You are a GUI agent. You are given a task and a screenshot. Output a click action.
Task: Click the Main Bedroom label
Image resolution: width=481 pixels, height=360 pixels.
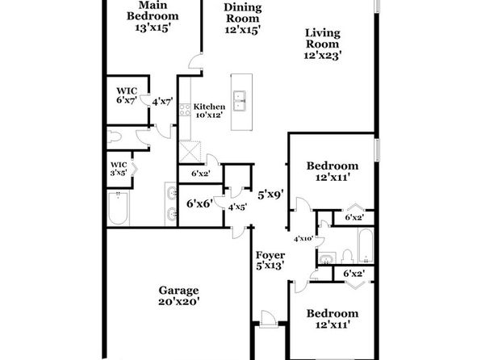[153, 10]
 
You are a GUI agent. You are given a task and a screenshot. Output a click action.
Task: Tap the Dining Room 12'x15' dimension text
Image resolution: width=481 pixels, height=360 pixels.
[243, 30]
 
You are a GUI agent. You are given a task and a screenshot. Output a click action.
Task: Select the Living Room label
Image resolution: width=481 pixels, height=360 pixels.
[323, 39]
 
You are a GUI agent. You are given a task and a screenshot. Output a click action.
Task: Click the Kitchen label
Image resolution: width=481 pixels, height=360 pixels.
[209, 107]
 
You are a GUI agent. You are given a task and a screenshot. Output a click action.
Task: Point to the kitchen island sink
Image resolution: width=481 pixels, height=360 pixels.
[239, 100]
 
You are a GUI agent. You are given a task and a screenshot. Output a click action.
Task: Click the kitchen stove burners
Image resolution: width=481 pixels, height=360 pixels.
[185, 110]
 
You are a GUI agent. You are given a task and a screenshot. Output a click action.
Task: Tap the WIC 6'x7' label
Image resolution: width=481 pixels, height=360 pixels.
[127, 95]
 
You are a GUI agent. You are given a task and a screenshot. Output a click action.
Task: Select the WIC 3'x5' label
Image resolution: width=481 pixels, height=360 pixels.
[119, 169]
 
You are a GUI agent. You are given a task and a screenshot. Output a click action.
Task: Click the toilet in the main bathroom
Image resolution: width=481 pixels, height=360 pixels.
[114, 136]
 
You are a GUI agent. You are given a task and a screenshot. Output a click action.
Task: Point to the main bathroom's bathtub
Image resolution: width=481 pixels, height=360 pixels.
[118, 208]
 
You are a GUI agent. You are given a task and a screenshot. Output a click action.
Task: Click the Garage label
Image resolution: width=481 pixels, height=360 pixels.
[179, 291]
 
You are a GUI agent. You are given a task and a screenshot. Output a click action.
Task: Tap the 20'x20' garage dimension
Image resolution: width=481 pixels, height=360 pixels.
[179, 301]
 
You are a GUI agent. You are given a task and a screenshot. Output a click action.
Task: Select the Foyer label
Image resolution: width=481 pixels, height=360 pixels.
[270, 255]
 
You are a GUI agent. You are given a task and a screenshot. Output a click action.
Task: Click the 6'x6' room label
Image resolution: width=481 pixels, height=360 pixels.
[199, 203]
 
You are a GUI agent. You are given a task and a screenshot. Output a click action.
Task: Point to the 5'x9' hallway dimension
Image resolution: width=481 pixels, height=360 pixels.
[270, 195]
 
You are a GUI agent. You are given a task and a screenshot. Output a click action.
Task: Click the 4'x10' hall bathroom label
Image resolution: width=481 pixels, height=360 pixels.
[303, 239]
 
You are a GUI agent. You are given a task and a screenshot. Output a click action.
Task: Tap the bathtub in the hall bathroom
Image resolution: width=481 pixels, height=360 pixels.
[366, 245]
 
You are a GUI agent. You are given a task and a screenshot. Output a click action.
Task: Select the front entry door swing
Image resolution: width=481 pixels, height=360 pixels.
[267, 319]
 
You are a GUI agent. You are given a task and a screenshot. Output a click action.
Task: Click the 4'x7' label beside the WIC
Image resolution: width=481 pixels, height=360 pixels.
[162, 101]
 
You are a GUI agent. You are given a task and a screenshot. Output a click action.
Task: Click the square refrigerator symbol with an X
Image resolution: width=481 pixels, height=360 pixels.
[190, 152]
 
